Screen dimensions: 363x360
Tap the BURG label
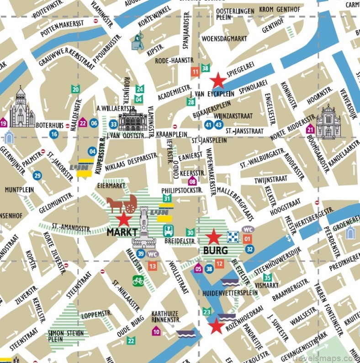(212, 251)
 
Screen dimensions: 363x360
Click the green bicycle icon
(138, 280)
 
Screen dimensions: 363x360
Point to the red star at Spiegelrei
(218, 81)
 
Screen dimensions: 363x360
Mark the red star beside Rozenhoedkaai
(216, 326)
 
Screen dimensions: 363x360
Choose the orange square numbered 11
(195, 72)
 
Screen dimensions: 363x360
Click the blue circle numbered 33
(114, 124)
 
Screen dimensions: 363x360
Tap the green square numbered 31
(167, 198)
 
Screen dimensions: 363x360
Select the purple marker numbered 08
(186, 182)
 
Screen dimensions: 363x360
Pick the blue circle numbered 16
(54, 134)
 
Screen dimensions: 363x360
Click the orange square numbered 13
(152, 266)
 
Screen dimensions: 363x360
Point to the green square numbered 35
(267, 277)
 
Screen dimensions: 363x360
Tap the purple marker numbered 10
(156, 331)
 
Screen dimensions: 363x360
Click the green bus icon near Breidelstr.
(168, 230)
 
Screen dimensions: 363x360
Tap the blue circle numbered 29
(37, 175)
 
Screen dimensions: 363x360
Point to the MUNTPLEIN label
(19, 189)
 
